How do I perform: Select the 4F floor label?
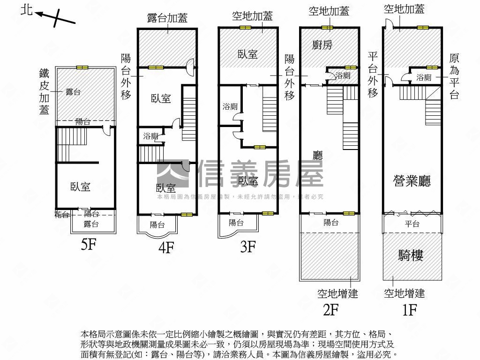pos(166,247)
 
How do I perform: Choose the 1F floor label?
pos(409,310)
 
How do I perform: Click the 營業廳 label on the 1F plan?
pos(412,181)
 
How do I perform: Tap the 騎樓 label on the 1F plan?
pos(411,255)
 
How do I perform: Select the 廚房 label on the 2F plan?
pos(322,45)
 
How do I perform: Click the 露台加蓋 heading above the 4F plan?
pos(167,18)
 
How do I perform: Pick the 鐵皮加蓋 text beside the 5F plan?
pos(44,92)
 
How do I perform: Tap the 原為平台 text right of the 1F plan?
pos(454,76)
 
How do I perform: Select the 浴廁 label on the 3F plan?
pos(230,106)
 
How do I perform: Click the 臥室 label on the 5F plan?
pos(80,187)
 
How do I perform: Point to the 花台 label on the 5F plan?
pos(62,215)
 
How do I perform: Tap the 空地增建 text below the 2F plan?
pos(337,293)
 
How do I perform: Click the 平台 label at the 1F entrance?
pos(412,224)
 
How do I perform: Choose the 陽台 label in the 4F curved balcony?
pos(157,224)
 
